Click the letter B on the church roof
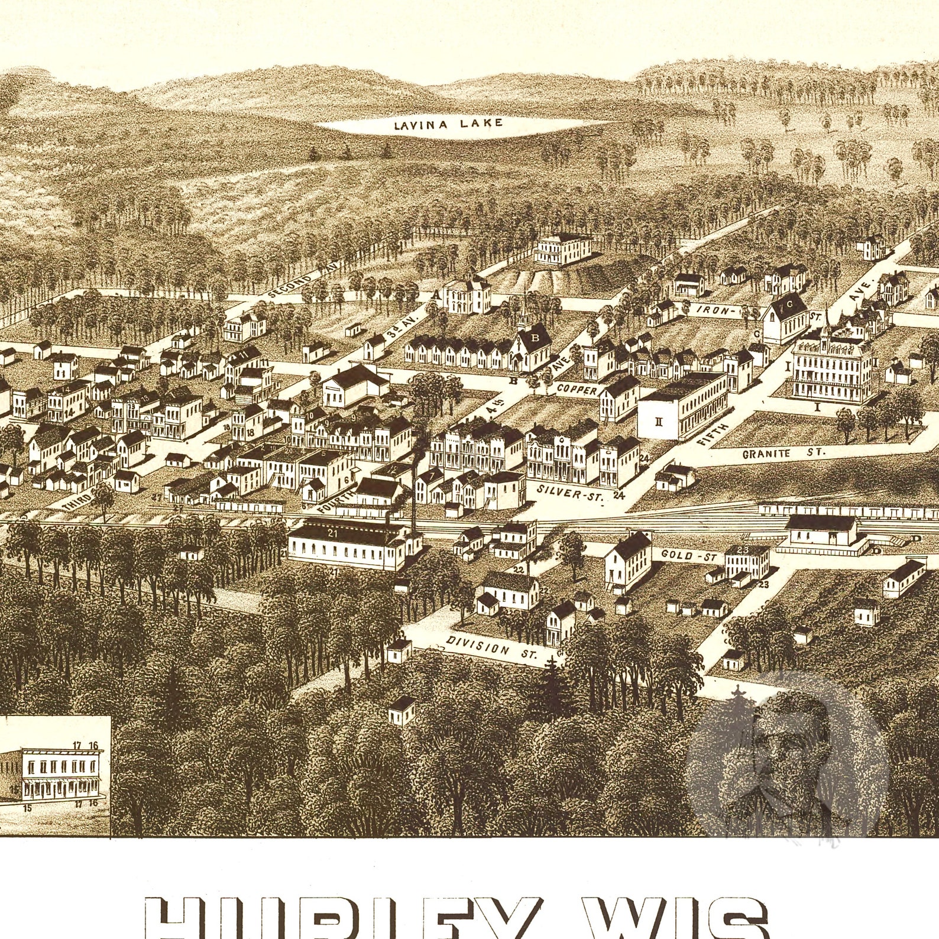point(536,339)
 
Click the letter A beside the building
point(437,294)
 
